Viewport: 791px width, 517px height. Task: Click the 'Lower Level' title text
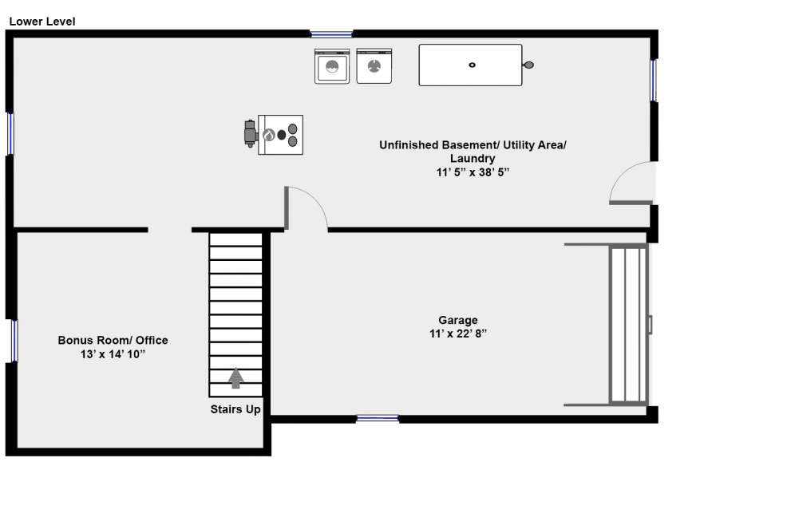[42, 22]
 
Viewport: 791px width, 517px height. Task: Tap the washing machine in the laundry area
[332, 66]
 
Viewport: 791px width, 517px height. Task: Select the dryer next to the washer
[374, 66]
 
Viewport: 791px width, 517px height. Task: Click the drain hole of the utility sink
[473, 65]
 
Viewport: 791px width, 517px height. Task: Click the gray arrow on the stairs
[235, 378]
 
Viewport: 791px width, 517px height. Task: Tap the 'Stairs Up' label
[235, 409]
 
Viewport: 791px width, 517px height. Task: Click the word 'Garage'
[458, 320]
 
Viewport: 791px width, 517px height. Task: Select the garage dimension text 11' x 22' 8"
[458, 333]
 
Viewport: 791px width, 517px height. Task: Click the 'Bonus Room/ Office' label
[113, 341]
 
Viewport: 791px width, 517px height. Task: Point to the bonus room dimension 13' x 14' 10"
[113, 354]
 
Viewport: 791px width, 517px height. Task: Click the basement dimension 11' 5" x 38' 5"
[473, 172]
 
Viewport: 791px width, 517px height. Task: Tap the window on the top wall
[331, 34]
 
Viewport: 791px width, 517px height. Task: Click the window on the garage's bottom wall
[378, 419]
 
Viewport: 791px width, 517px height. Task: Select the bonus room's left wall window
[14, 341]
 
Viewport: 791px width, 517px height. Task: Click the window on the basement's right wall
[654, 81]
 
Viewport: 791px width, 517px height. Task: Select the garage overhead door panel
[628, 325]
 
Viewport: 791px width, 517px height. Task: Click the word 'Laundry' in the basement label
[473, 159]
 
